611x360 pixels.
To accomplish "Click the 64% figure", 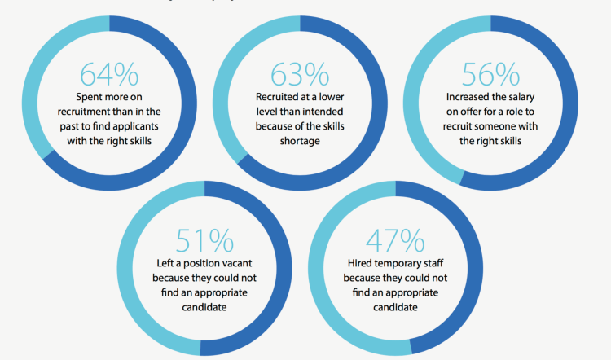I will coord(109,74).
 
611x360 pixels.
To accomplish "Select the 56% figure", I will coord(490,74).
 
